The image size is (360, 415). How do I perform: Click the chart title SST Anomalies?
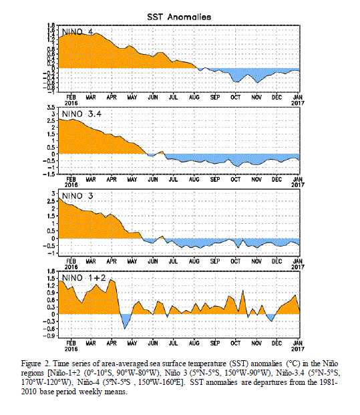[x=179, y=17]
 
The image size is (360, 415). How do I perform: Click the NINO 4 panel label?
[x=77, y=32]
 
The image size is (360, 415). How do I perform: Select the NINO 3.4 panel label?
[x=81, y=114]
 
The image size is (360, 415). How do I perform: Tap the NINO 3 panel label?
[x=77, y=196]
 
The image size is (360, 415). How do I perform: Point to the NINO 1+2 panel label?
[x=84, y=278]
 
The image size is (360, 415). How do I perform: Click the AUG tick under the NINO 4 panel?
[x=194, y=98]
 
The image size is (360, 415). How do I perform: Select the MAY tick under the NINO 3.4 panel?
[x=132, y=180]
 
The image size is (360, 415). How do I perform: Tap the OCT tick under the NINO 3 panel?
[x=235, y=261]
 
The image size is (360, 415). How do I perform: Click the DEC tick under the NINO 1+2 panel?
[x=277, y=343]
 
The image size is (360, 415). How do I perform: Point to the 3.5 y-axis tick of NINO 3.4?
[x=51, y=108]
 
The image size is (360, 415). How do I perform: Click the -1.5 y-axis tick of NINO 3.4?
[x=49, y=174]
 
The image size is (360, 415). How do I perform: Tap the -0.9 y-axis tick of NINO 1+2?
[x=49, y=336]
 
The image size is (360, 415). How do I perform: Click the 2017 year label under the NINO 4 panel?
[x=298, y=103]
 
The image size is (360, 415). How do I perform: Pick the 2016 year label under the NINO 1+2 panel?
[x=71, y=349]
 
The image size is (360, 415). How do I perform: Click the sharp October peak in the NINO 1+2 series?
[x=242, y=291]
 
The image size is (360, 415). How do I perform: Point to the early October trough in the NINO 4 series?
[x=236, y=82]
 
